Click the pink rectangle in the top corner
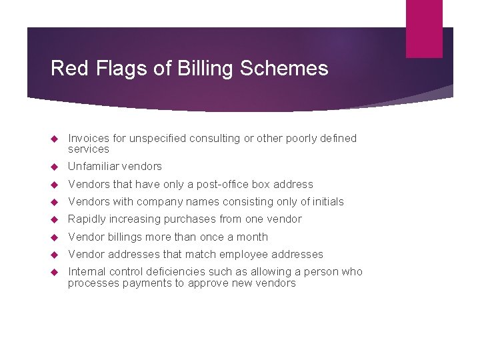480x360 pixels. [424, 28]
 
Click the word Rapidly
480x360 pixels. [87, 219]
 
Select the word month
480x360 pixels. [253, 237]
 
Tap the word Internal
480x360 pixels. [87, 272]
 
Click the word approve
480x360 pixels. [205, 283]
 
